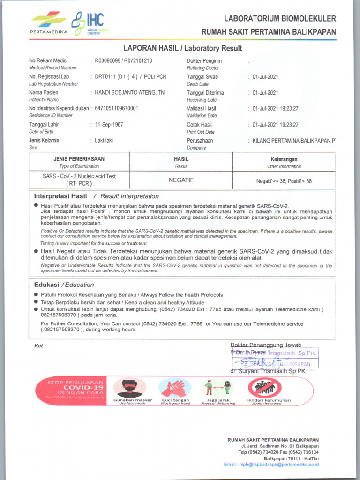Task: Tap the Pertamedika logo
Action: coord(49,23)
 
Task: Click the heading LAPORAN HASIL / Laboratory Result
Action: coord(182,48)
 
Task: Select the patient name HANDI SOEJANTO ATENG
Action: coord(129,93)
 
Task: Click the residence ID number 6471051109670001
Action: coord(116,108)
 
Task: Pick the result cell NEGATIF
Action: coord(181,180)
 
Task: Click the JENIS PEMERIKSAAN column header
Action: coord(79,159)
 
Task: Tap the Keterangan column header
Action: coord(284,159)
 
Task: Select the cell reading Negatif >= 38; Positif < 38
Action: coord(284,181)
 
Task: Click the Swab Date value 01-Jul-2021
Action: coord(265,77)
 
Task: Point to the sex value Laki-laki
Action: coord(104,140)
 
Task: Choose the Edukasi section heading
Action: coord(46,285)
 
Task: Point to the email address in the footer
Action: coord(271,465)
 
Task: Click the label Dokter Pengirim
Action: coord(204,61)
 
